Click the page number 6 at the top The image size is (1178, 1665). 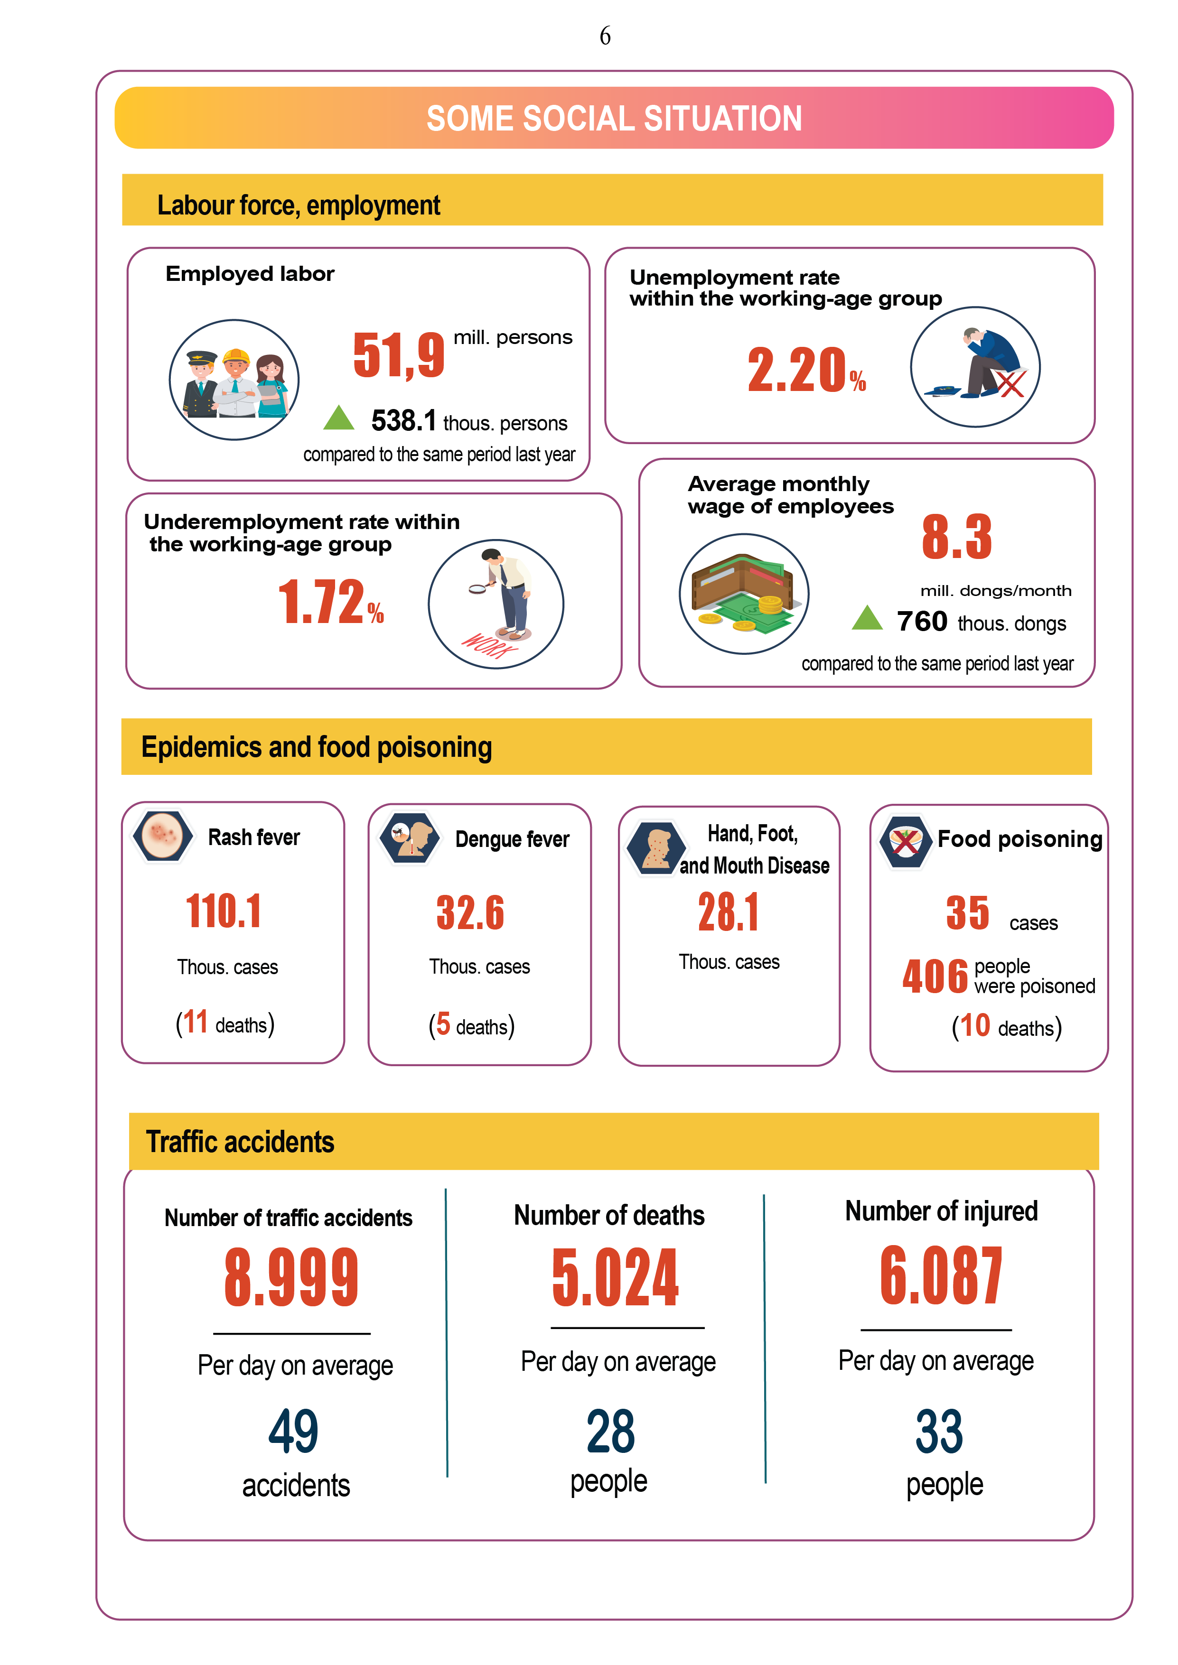[605, 36]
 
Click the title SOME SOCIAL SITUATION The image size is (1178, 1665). [614, 118]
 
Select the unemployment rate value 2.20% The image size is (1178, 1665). [806, 371]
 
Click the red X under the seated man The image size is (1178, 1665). [1010, 383]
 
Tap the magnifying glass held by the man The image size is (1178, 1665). [478, 588]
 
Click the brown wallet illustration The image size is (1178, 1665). [740, 582]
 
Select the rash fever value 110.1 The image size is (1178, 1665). [224, 911]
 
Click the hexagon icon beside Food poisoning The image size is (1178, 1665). [905, 841]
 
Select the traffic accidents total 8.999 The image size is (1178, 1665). [291, 1278]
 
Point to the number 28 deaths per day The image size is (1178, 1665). [610, 1432]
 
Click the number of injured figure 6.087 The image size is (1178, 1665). [941, 1275]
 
